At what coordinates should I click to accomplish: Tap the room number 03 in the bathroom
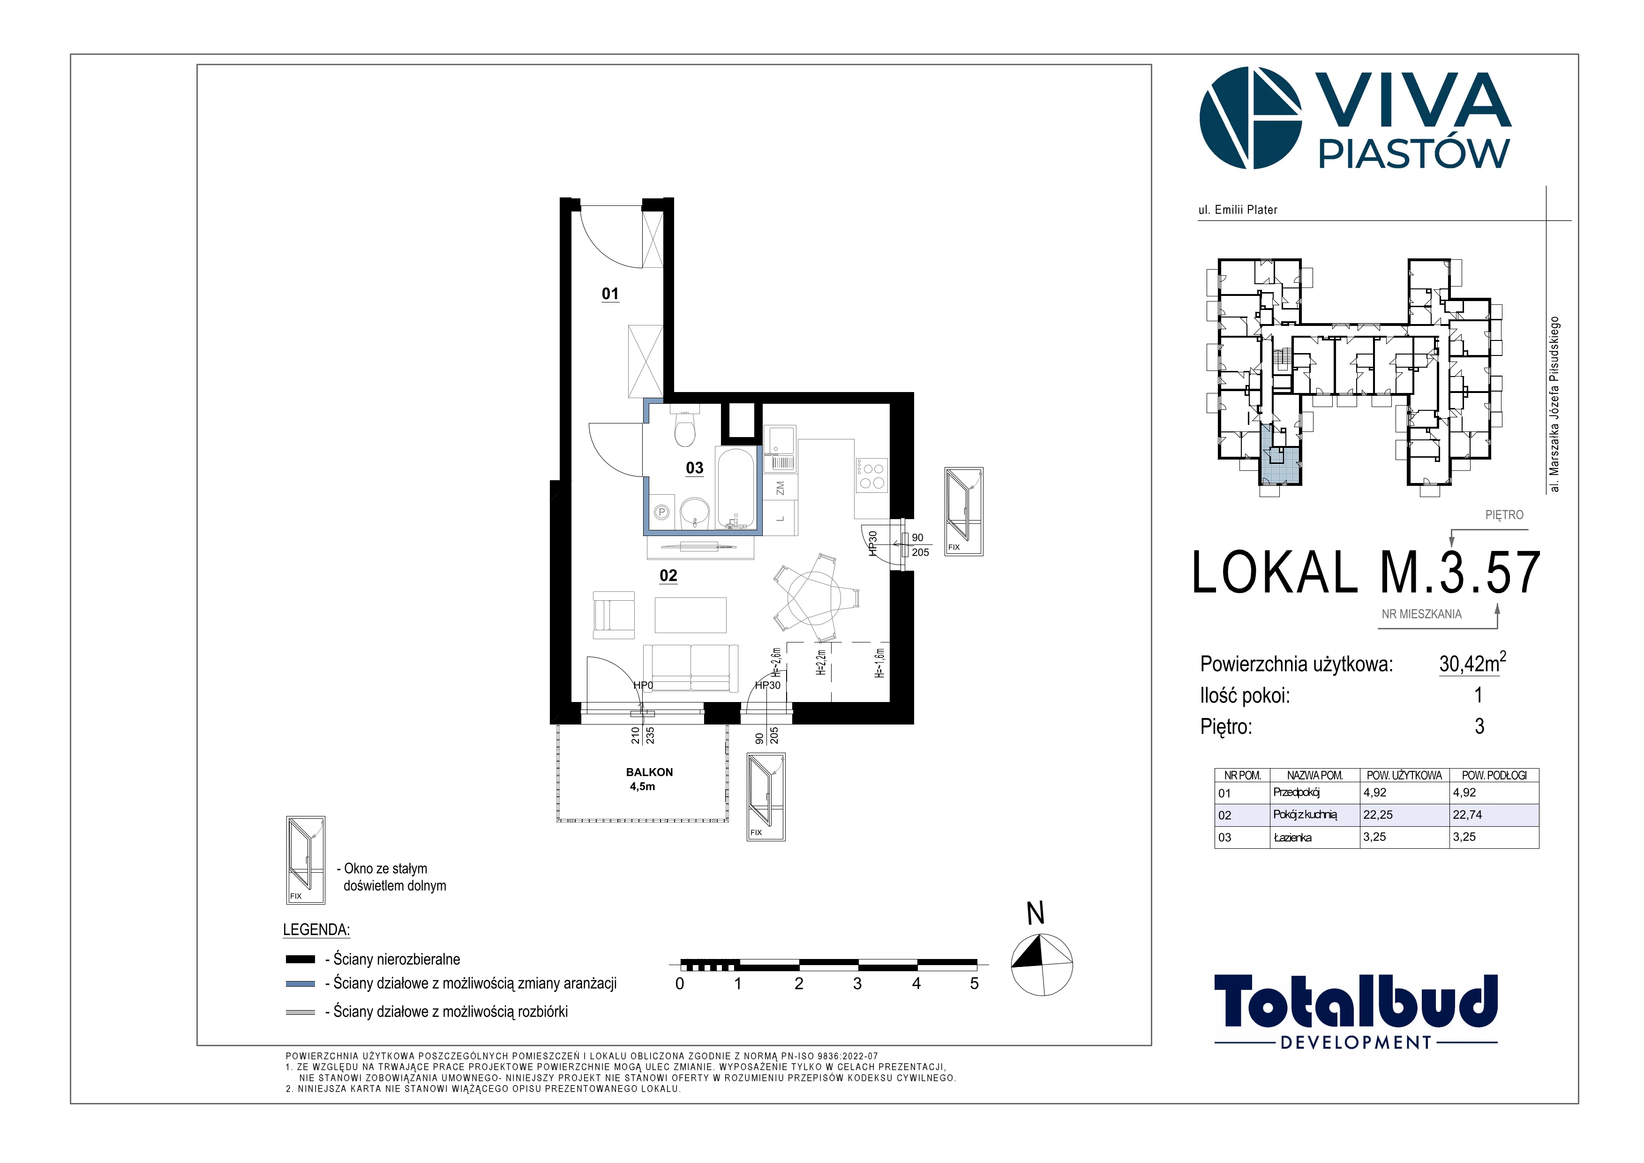[x=695, y=468]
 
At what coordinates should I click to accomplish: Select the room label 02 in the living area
[x=668, y=576]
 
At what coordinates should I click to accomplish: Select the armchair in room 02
[x=614, y=614]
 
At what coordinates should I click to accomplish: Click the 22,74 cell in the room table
[x=1467, y=815]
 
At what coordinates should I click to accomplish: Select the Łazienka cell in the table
[x=1292, y=837]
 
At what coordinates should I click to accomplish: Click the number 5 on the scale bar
[x=975, y=984]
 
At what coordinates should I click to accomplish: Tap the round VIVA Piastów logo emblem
[x=1250, y=118]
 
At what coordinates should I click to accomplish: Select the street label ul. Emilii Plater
[x=1238, y=210]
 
